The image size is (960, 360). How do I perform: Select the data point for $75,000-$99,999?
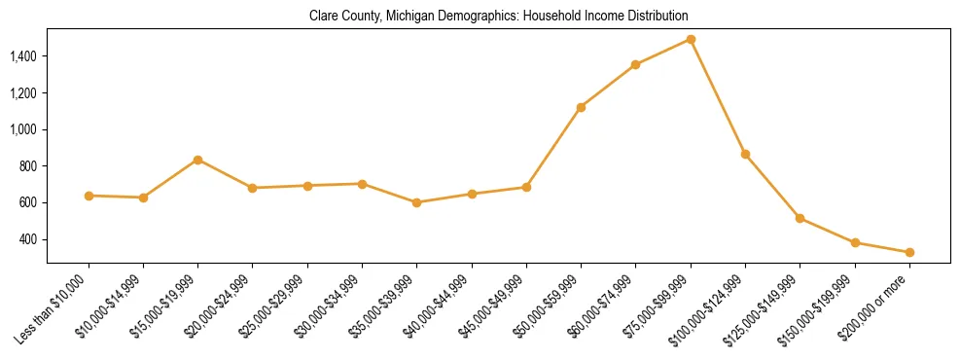691,40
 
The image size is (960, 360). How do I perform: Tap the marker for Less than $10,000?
89,196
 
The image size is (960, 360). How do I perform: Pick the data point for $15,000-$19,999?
198,160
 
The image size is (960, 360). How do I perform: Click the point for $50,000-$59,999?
581,107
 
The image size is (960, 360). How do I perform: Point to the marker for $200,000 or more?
909,252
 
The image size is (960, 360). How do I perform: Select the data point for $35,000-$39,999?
417,202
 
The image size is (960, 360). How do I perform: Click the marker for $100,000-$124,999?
745,154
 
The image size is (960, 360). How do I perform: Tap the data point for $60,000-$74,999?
635,65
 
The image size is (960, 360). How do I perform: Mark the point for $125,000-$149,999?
800,218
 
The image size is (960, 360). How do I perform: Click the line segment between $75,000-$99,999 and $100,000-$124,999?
718,97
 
